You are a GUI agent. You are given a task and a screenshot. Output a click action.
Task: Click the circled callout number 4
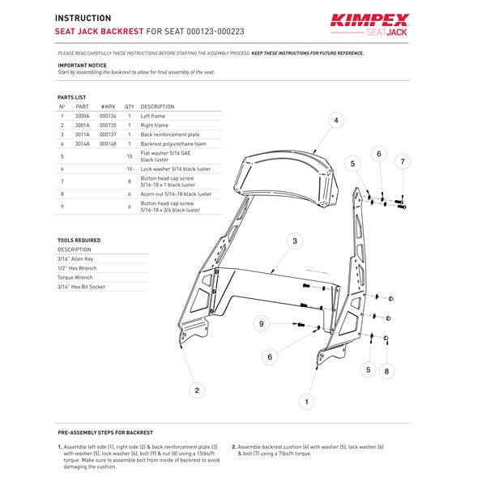(x=335, y=121)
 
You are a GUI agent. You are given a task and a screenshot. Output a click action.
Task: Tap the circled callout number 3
(x=296, y=241)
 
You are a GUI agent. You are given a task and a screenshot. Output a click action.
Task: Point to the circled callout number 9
(x=261, y=324)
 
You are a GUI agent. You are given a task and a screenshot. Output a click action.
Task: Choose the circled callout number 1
(x=305, y=400)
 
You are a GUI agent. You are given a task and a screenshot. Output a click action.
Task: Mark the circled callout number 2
(x=195, y=390)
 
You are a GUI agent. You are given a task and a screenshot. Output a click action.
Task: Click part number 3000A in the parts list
(x=83, y=116)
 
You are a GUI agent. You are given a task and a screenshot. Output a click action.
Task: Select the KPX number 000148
(x=109, y=144)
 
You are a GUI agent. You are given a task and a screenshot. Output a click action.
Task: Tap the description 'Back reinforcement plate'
(x=169, y=134)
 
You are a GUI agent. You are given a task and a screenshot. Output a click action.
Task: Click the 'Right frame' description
(x=155, y=126)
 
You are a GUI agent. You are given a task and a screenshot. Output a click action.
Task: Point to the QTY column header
(x=130, y=106)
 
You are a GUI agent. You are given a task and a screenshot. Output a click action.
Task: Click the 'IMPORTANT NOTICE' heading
(x=82, y=65)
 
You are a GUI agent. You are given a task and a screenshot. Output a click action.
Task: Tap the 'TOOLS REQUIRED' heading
(x=79, y=241)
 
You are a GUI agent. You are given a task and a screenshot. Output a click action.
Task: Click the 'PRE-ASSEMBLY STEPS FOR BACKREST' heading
(x=105, y=433)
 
